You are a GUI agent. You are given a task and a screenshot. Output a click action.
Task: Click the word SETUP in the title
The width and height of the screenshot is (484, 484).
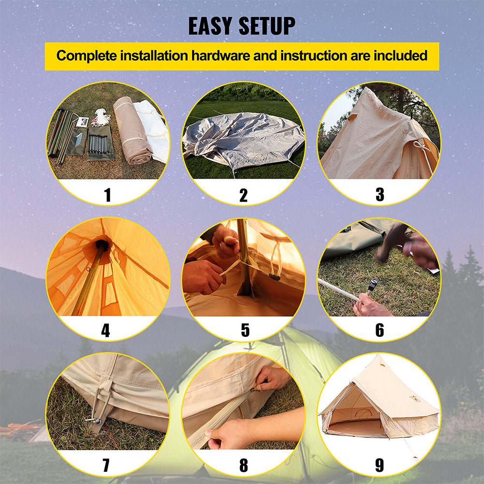[268, 26]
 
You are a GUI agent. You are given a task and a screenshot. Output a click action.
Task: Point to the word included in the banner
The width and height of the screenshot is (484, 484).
[401, 56]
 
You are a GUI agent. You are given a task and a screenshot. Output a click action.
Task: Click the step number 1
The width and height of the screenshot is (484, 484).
[107, 195]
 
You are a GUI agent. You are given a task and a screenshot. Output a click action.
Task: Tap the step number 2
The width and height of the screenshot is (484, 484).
[243, 195]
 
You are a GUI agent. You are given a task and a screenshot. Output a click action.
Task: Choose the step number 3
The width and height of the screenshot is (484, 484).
[380, 195]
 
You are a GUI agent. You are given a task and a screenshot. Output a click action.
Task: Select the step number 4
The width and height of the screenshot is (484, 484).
[106, 330]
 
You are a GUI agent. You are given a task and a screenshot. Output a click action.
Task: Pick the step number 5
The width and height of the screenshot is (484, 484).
[245, 330]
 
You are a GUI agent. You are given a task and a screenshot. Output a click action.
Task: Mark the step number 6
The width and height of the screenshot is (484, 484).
[380, 330]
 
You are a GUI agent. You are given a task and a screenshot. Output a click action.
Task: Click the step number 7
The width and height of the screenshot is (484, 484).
[106, 465]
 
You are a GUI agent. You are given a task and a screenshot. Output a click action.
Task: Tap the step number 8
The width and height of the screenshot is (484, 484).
[243, 465]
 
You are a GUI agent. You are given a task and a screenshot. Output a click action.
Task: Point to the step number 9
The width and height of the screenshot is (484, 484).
[380, 465]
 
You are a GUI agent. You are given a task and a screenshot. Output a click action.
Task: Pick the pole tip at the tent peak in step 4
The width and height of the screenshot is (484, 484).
[102, 245]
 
